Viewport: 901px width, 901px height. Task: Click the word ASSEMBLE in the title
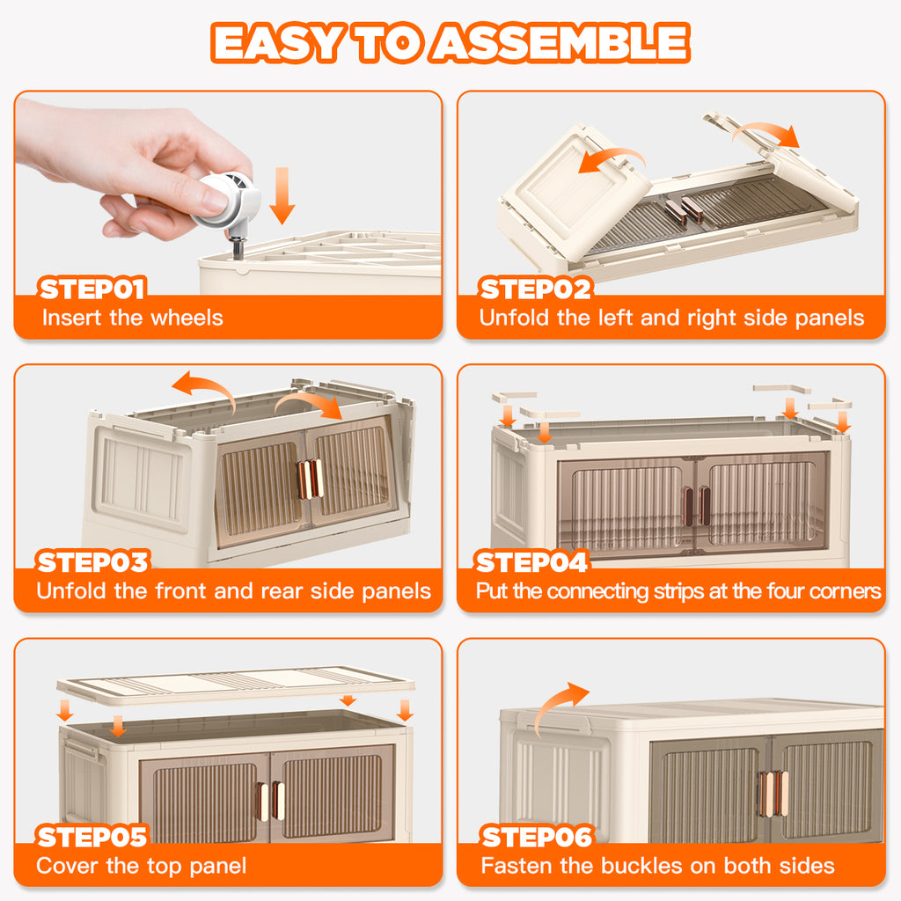tap(560, 42)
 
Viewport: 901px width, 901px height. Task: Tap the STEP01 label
tap(92, 289)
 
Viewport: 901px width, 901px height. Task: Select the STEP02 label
tap(535, 289)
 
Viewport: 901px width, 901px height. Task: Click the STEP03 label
tap(92, 562)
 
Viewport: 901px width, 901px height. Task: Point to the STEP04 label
tap(531, 562)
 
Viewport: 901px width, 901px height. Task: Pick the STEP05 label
tap(92, 837)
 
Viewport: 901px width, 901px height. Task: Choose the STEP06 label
tap(537, 837)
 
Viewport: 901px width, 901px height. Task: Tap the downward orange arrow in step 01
tap(282, 196)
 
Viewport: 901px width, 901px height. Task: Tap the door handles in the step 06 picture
tap(773, 795)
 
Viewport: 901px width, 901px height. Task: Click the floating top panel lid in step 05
tap(236, 685)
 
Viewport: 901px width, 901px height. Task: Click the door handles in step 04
tap(696, 506)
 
